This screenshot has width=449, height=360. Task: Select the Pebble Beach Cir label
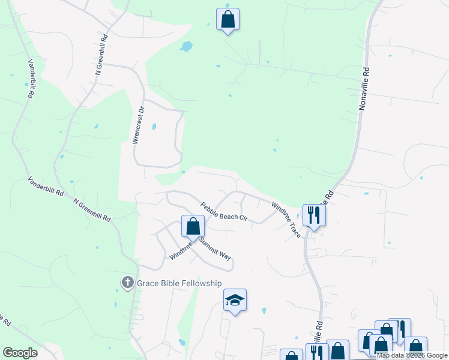pyautogui.click(x=224, y=211)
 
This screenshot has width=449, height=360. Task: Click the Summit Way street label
pyautogui.click(x=215, y=248)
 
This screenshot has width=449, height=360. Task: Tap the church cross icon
pyautogui.click(x=127, y=283)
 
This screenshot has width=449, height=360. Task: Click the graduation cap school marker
pyautogui.click(x=235, y=301)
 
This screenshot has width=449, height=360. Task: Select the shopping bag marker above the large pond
pyautogui.click(x=228, y=19)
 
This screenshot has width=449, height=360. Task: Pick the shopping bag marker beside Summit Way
pyautogui.click(x=193, y=227)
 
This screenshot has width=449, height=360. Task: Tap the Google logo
pyautogui.click(x=20, y=353)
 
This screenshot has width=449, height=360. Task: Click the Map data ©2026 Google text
pyautogui.click(x=412, y=356)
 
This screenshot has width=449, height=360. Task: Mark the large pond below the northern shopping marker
pyautogui.click(x=187, y=46)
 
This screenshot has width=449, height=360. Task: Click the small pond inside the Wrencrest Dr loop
pyautogui.click(x=154, y=127)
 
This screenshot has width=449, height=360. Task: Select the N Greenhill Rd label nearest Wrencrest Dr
pyautogui.click(x=101, y=54)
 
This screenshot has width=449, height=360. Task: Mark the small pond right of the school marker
pyautogui.click(x=264, y=311)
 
